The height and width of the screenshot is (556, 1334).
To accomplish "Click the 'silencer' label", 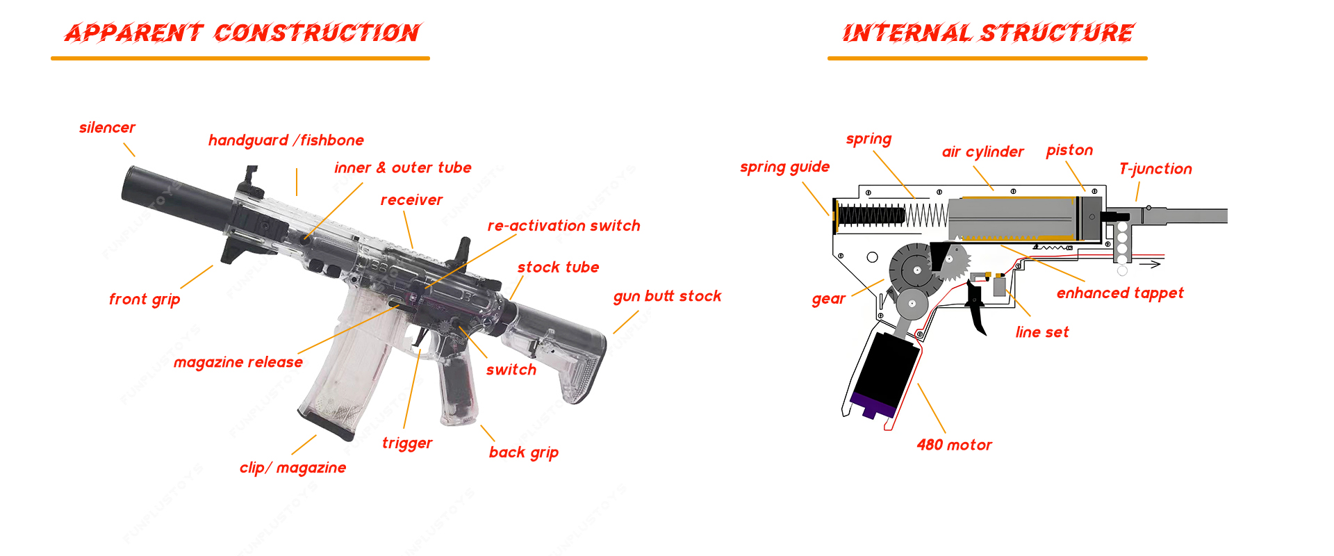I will click(x=107, y=128).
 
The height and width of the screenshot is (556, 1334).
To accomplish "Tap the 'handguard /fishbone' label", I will click(x=286, y=140).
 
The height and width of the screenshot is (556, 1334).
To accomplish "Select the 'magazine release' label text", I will click(x=238, y=362).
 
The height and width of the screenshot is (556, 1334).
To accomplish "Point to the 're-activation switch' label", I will click(x=563, y=226).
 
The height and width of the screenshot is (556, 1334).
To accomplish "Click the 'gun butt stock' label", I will click(x=667, y=297).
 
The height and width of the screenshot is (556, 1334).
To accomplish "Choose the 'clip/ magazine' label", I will click(x=293, y=468).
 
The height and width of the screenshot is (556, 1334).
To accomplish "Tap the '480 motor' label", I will click(x=954, y=445).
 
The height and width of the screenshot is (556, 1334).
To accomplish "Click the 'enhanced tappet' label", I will click(x=1120, y=293).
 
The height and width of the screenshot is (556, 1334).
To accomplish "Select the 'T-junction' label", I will click(x=1155, y=169).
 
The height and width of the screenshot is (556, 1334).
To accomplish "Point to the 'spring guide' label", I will click(x=784, y=167).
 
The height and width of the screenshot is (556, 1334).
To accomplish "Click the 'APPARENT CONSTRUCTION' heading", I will click(x=241, y=33).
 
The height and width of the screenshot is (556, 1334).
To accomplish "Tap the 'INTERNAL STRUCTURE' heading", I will click(x=987, y=33).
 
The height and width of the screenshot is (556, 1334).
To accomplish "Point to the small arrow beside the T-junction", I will click(x=1153, y=264).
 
